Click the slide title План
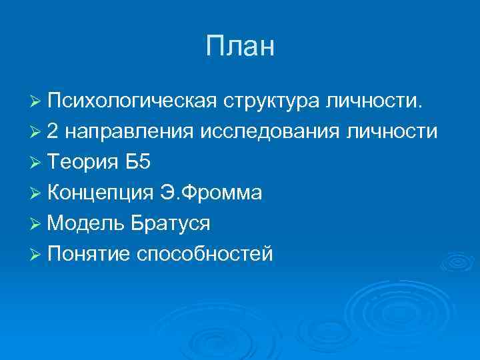point(240,47)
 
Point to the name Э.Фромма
point(211,193)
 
